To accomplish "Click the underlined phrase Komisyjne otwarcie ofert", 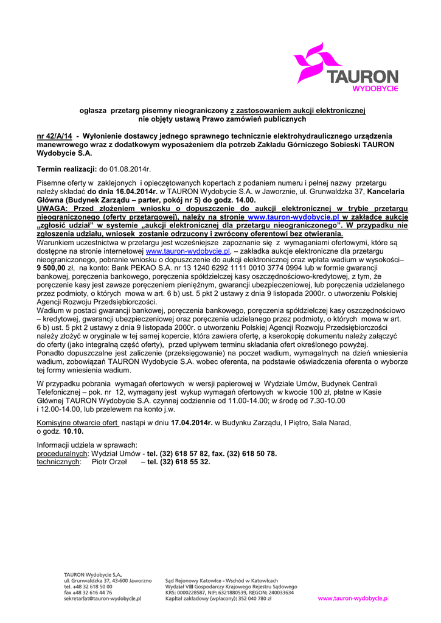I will (x=78, y=422).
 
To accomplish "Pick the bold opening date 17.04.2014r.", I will (x=192, y=422).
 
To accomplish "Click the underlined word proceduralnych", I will (x=62, y=454).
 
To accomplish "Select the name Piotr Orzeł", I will (x=109, y=462).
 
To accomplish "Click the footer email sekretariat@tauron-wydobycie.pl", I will (x=103, y=599).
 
